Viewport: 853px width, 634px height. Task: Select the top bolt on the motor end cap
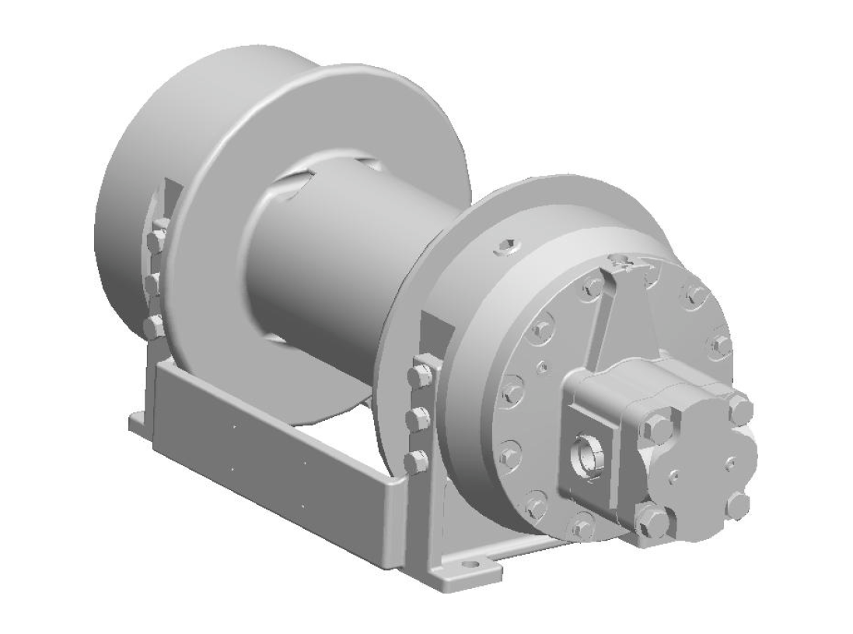click(x=740, y=408)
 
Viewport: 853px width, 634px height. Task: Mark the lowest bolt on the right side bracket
click(x=416, y=461)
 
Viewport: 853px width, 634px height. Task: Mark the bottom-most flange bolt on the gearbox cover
click(x=582, y=528)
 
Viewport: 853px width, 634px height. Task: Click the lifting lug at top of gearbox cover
click(x=622, y=261)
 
